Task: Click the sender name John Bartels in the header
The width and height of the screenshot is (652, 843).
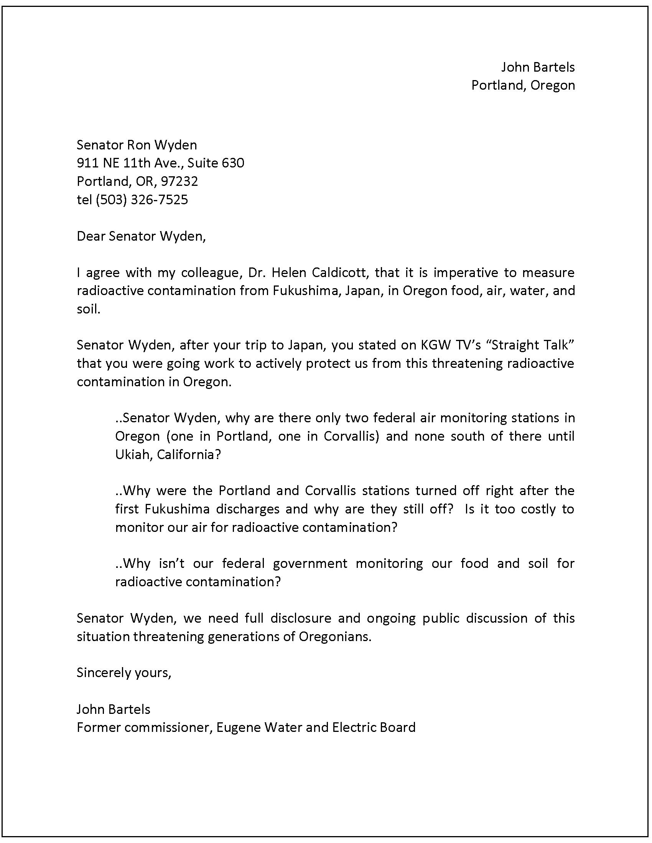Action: [538, 67]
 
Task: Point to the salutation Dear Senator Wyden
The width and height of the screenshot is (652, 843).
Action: [141, 236]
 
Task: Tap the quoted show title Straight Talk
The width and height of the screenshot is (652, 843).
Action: [532, 345]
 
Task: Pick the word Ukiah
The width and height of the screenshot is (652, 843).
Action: [129, 455]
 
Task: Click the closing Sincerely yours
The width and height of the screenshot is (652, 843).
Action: [123, 673]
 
